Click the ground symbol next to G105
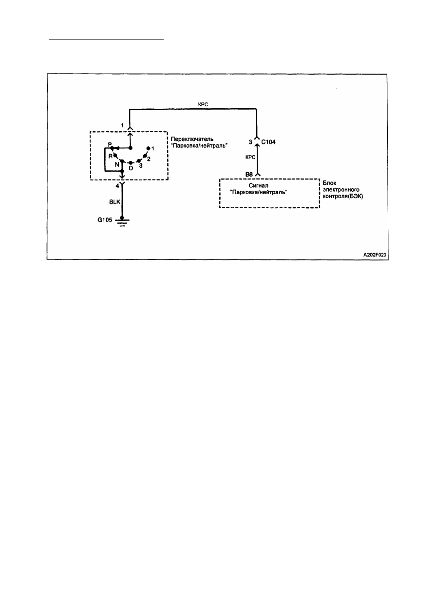click(x=122, y=221)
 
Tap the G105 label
click(x=105, y=220)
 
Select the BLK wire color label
click(x=114, y=202)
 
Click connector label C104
click(x=268, y=142)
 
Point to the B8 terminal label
click(x=249, y=174)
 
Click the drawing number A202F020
click(x=375, y=255)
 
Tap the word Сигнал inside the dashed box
click(x=259, y=186)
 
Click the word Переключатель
click(x=192, y=139)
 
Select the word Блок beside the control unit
click(x=329, y=183)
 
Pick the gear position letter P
click(x=110, y=144)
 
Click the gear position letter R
click(x=110, y=156)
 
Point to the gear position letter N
click(x=117, y=164)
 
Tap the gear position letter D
click(x=131, y=168)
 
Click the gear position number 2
click(x=149, y=159)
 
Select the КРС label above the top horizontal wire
click(x=203, y=104)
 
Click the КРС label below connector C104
click(x=250, y=157)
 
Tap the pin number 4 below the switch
click(x=117, y=186)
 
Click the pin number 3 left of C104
click(x=250, y=142)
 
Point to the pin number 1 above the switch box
click(x=122, y=125)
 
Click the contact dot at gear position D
click(x=131, y=163)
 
